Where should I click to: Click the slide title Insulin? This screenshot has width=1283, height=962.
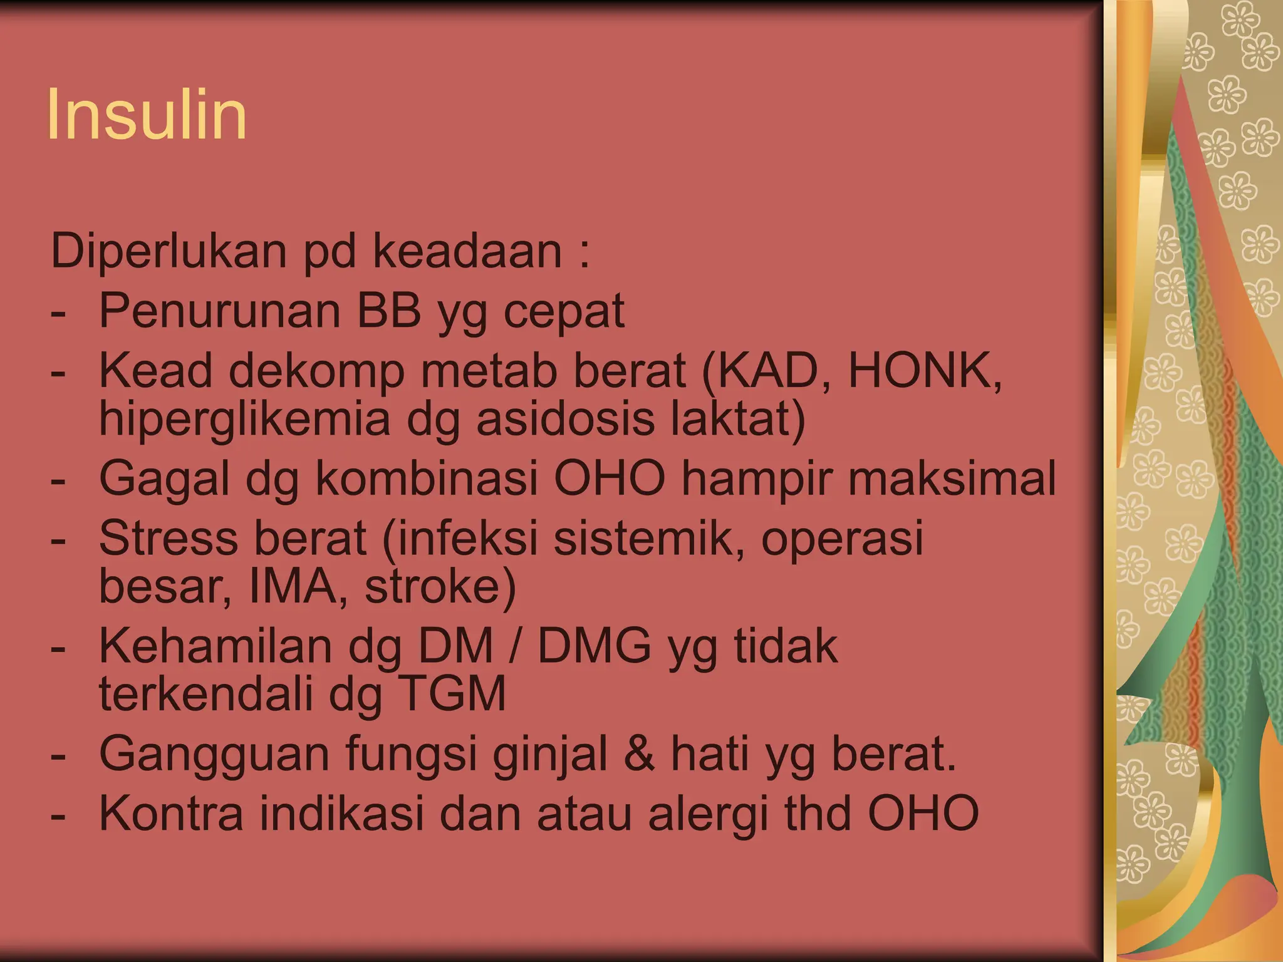[x=147, y=115]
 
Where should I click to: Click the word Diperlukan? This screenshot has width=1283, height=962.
[x=169, y=251]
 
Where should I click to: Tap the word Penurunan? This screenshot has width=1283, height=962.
[x=220, y=311]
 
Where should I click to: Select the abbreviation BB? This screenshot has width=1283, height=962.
[x=389, y=311]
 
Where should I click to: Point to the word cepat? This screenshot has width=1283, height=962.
[x=564, y=312]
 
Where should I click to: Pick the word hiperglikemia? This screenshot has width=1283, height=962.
[x=245, y=419]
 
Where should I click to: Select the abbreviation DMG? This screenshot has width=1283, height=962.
[x=595, y=646]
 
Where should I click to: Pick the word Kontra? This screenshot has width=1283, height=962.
[x=171, y=813]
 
